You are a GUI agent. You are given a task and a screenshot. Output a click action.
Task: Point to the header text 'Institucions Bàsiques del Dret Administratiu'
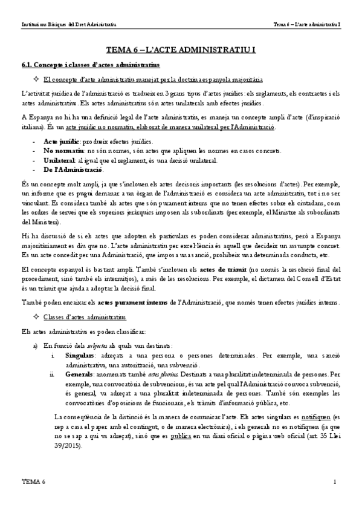(x=69, y=25)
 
